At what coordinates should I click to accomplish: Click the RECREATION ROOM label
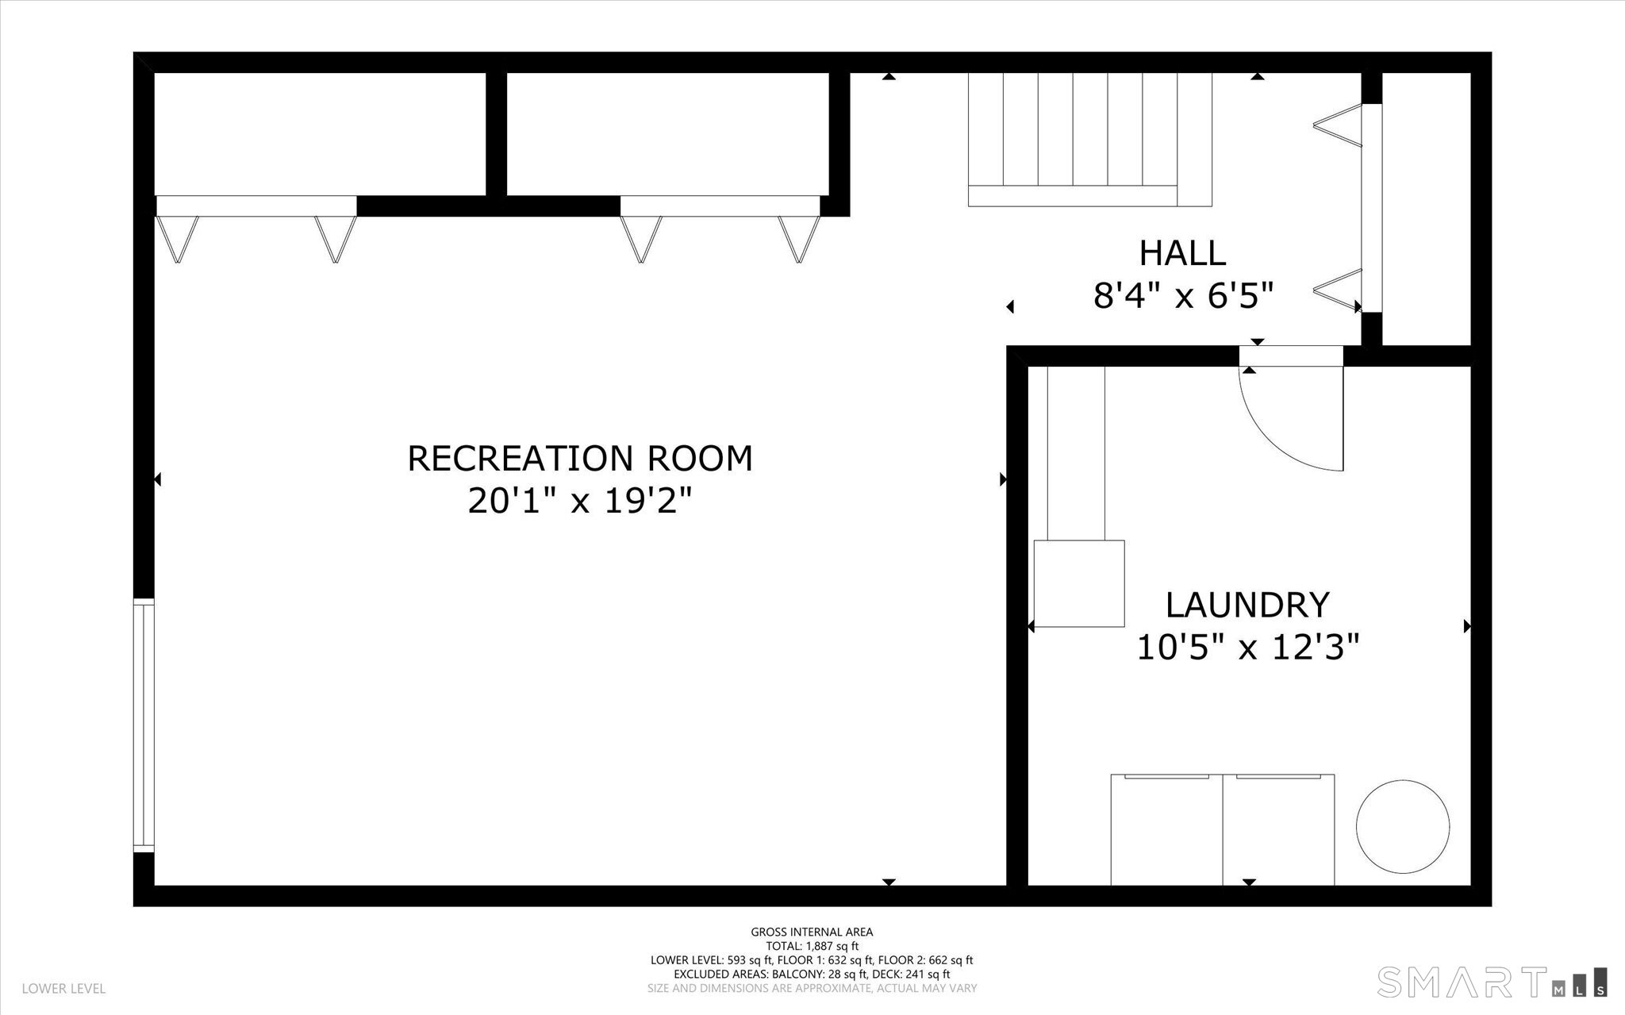coord(580,459)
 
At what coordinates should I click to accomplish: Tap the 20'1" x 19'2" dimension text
coord(580,501)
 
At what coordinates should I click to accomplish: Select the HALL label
coord(1182,253)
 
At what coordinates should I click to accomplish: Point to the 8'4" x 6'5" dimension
coord(1183,297)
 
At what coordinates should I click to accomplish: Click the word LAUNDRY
coord(1247,605)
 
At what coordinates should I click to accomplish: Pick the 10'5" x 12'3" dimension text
coord(1248,648)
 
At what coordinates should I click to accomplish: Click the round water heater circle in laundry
coord(1403,826)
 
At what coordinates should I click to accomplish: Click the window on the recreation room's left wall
coord(144,726)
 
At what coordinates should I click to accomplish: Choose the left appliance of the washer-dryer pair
coord(1166,829)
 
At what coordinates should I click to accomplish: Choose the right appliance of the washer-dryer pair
coord(1278,829)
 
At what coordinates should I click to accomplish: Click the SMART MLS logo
coord(1492,981)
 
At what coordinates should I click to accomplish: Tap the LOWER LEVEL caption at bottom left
coord(63,989)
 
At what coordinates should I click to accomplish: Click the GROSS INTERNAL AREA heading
coord(812,932)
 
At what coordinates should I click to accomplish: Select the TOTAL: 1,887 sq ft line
coord(812,946)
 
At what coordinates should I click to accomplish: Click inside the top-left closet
coord(320,133)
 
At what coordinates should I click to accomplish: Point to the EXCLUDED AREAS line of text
coord(812,974)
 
